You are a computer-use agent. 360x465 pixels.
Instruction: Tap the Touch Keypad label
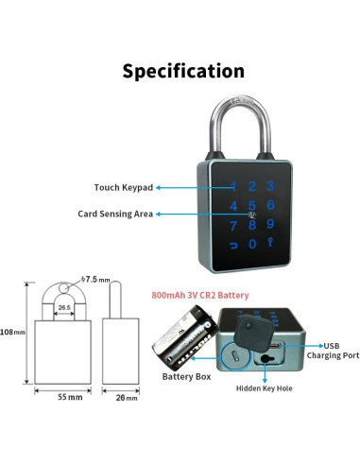coord(123,187)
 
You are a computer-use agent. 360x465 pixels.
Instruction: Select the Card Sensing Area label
coord(115,214)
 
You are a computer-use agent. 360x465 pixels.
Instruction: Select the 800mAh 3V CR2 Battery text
coord(198,295)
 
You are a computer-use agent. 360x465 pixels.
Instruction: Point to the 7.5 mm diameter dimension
coord(97,281)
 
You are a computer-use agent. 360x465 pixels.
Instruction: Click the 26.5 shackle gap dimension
coord(63,306)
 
